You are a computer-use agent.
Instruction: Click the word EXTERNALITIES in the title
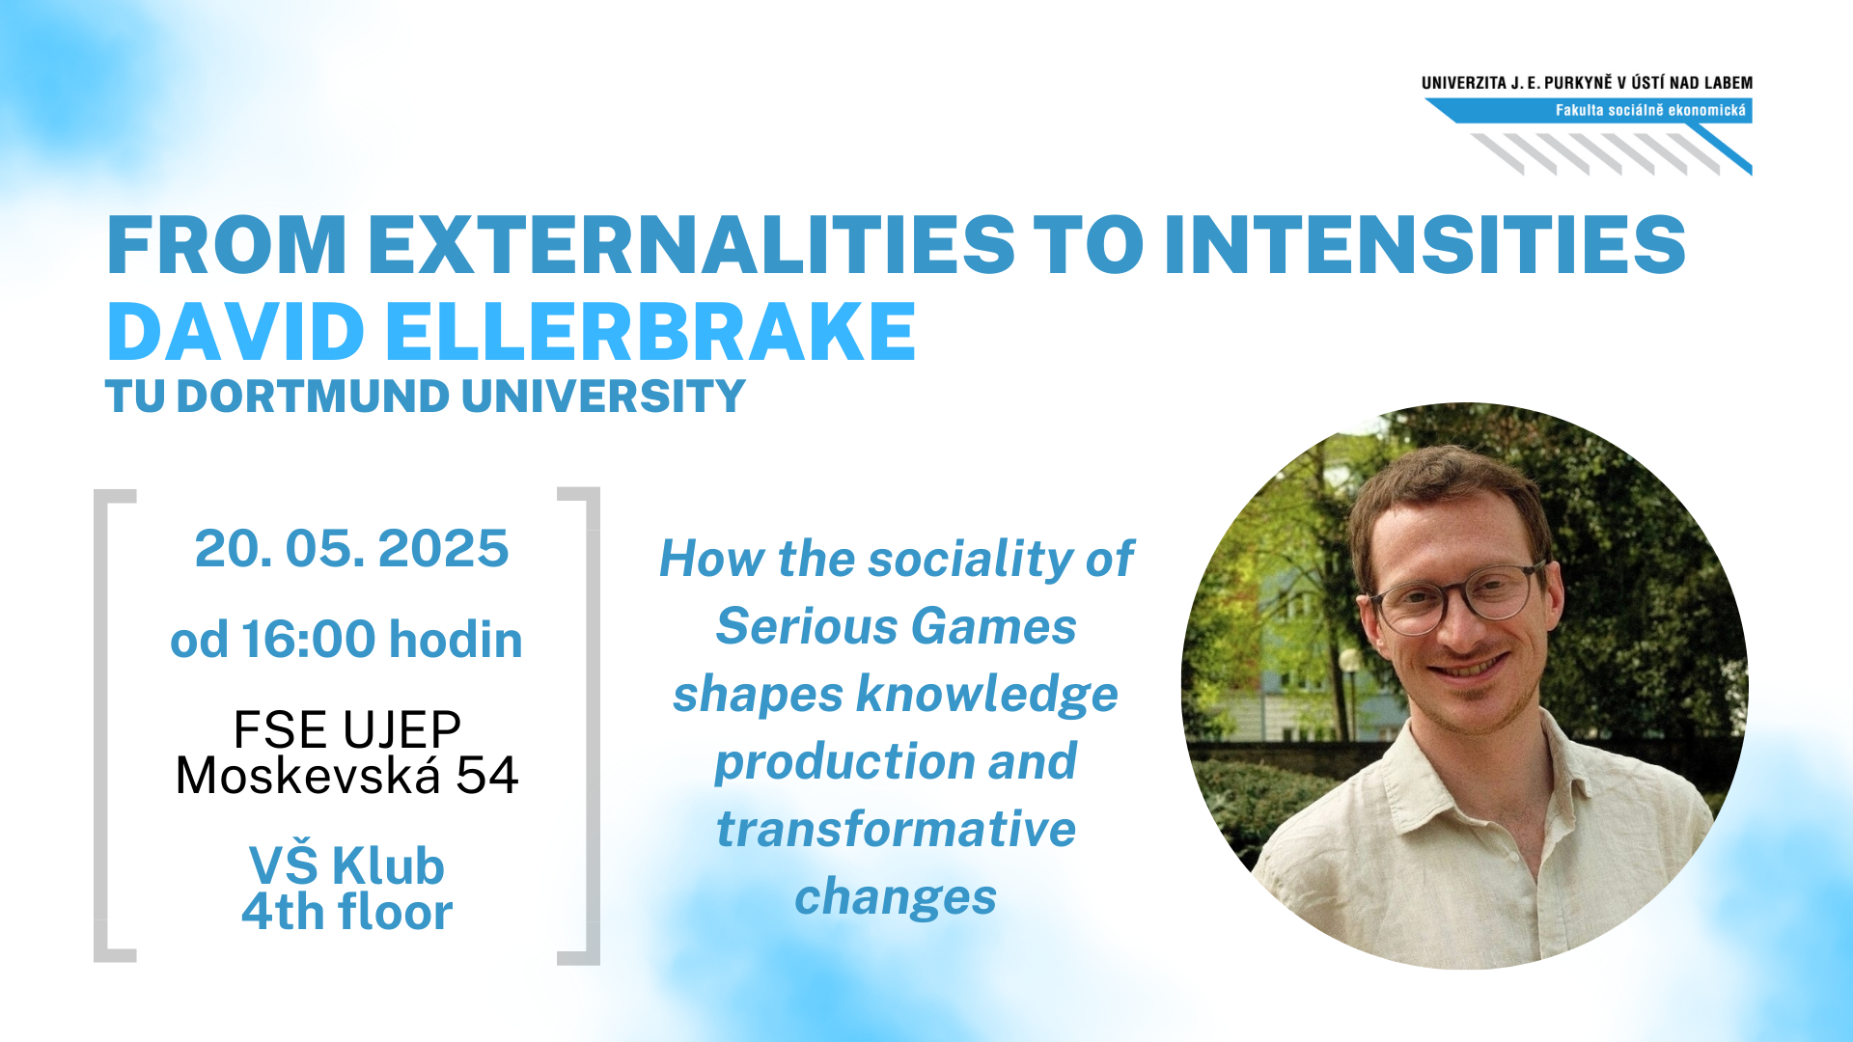click(691, 244)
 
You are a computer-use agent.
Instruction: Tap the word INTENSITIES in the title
click(1425, 244)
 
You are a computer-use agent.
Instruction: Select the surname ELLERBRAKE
click(651, 332)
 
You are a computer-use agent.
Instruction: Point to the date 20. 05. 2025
click(351, 549)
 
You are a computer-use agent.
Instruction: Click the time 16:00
click(309, 640)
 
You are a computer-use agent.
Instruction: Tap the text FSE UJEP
click(347, 729)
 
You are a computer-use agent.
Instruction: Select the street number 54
click(487, 775)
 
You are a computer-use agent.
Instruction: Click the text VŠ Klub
click(347, 864)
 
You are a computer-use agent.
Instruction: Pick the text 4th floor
click(347, 912)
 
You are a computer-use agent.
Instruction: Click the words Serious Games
click(896, 626)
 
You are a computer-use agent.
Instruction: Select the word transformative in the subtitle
click(896, 829)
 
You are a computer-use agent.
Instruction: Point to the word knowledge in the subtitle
click(987, 694)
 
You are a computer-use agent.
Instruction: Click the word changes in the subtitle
click(896, 897)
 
